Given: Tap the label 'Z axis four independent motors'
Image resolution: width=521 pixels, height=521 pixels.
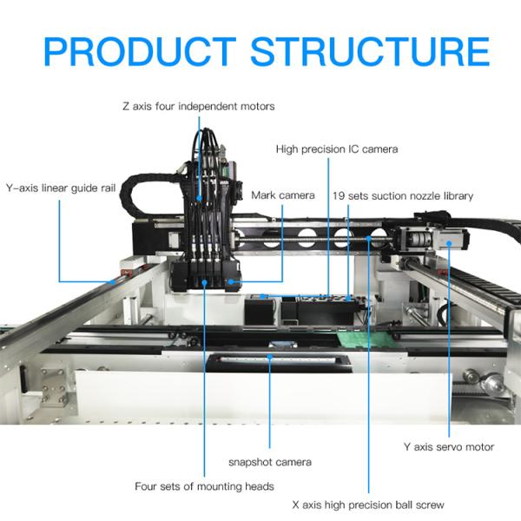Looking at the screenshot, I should pos(199,106).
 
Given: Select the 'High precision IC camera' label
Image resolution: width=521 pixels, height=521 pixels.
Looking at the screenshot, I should pos(337,149).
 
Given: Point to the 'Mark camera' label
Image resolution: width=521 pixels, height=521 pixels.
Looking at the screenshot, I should pos(283,195).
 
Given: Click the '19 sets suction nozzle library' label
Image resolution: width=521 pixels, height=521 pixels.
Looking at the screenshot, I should pos(403,195).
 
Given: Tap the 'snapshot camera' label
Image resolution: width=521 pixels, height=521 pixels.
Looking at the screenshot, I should pos(270,462).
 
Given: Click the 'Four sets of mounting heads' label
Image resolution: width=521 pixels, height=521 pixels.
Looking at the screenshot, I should pos(205,486).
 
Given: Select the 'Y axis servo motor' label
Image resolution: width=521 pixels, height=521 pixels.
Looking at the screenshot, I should pos(449,447).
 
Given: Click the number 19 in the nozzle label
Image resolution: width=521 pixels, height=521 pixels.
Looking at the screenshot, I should pos(339,195).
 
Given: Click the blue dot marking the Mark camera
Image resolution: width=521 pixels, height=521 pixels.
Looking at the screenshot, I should pos(232,281).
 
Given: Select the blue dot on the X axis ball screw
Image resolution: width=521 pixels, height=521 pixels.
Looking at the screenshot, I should pos(370,235).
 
